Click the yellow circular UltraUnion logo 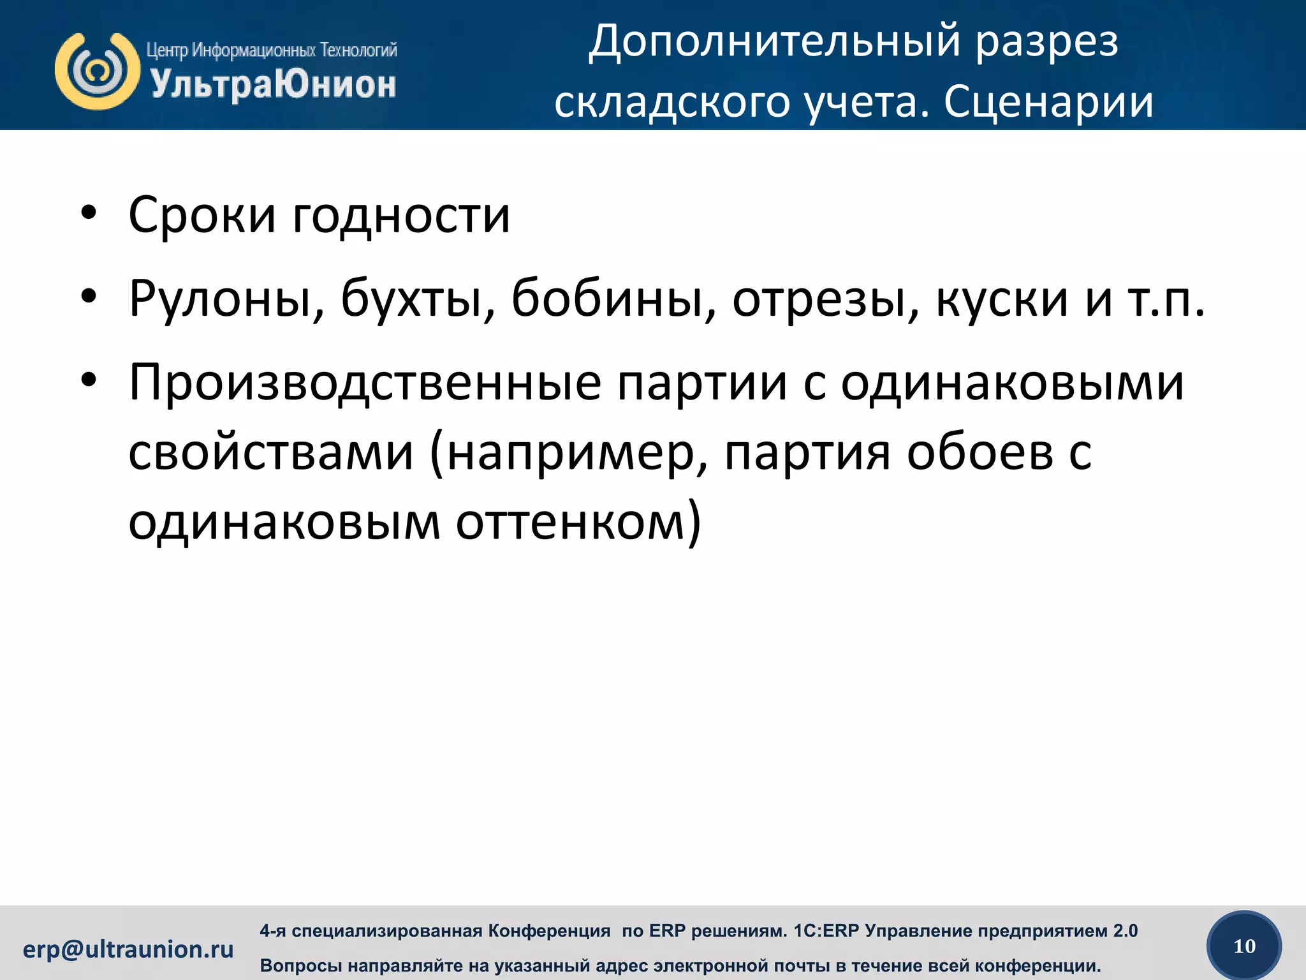(x=97, y=71)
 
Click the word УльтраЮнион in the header (x=273, y=85)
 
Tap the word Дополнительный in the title (x=774, y=42)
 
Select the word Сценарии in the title (x=1048, y=102)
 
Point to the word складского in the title (x=672, y=102)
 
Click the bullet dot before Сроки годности (x=89, y=214)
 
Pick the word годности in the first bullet (x=402, y=216)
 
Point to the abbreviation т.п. (x=1166, y=299)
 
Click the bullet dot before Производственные (x=89, y=381)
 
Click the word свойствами (x=271, y=452)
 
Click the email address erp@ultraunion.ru (x=128, y=949)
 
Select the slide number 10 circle (x=1244, y=946)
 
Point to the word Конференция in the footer (x=549, y=931)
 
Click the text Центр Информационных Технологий (x=272, y=50)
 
